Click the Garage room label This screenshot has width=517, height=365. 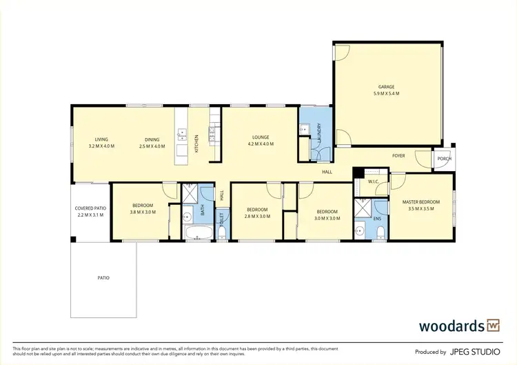386,87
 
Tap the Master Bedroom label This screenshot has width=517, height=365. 420,201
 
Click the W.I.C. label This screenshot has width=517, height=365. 374,182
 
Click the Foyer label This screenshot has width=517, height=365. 398,156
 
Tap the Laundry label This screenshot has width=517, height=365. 320,131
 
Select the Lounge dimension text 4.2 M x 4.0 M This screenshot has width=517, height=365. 260,144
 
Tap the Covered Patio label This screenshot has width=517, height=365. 90,208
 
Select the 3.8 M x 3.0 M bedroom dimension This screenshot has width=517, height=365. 143,212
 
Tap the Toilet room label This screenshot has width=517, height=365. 221,221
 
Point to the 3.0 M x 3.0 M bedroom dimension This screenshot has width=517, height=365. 326,218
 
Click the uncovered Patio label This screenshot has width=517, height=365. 103,277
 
